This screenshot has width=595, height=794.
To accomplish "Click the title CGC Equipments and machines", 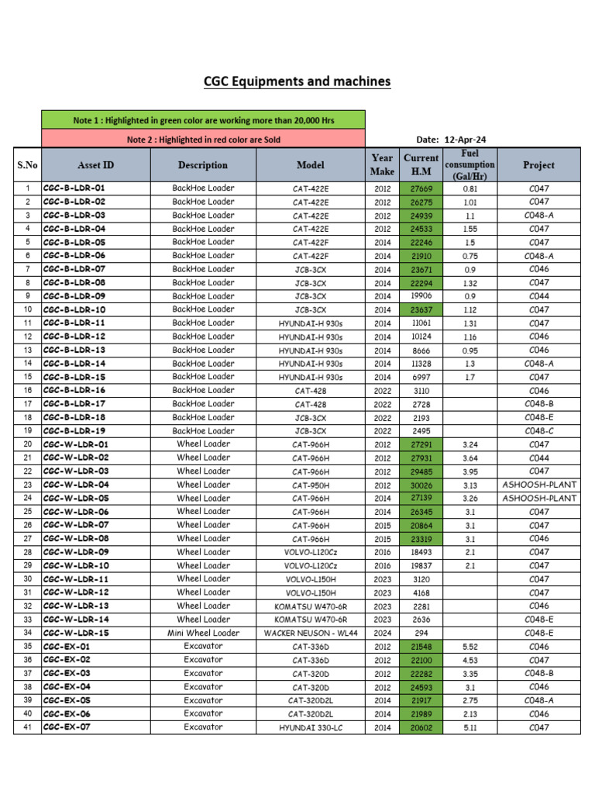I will coord(297,81).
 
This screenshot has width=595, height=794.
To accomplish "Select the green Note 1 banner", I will coord(203,120).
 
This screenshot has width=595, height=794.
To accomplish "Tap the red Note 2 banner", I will coord(203,140).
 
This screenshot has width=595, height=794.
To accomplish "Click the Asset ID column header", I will coord(96,165).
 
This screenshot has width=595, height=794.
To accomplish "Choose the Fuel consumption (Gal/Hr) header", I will coord(470,164).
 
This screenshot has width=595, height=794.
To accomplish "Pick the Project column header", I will coord(538,165).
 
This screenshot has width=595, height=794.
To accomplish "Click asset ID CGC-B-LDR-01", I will coord(74,188).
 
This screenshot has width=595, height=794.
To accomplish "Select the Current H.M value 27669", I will coord(421,188).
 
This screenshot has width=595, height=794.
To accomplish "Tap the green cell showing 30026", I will coord(421,485).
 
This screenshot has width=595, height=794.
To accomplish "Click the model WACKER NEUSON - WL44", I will coord(311,633).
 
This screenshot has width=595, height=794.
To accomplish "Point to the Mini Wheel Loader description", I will coord(203,633).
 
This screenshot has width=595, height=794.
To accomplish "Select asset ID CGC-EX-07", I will coord(67,727).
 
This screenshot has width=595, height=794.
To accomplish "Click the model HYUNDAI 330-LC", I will coord(311,728).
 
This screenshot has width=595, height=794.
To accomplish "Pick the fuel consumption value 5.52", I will coord(469,647).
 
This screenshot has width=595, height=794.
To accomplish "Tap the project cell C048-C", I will coord(538,431).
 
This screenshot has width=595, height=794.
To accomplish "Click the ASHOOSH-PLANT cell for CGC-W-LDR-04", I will coord(538,485).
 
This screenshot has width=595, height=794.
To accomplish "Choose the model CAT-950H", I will coord(311,485).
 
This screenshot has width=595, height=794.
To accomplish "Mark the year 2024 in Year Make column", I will coord(382,633).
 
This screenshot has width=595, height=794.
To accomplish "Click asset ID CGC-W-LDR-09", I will coord(77,552).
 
